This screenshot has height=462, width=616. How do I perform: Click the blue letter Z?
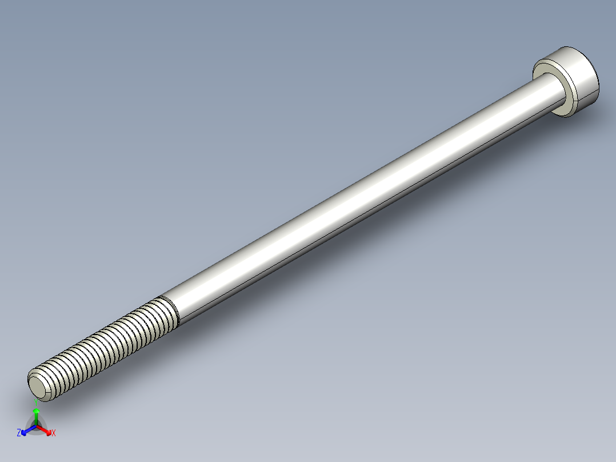point(19,433)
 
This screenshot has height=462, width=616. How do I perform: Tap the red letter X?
point(54,433)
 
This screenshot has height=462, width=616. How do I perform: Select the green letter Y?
point(36,401)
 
